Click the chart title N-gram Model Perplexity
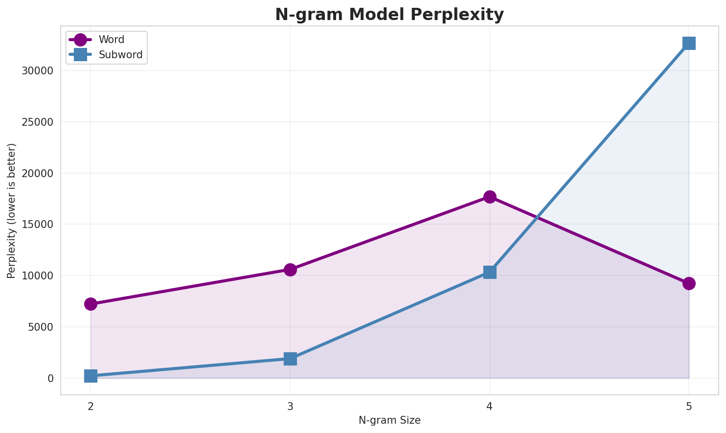tap(389, 15)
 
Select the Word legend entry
tap(111, 40)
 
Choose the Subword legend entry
tap(120, 55)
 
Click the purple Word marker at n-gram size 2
tap(91, 304)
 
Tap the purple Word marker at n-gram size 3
tap(290, 270)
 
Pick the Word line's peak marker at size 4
tap(490, 197)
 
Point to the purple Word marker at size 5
tap(689, 283)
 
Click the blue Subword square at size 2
tap(91, 376)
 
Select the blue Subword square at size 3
tap(290, 359)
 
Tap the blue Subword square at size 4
tap(490, 272)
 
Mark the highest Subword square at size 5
tap(689, 43)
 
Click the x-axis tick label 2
tap(91, 406)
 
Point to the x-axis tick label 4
tap(490, 406)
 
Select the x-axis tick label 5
tap(689, 406)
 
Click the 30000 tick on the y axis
tap(37, 70)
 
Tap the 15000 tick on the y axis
tap(37, 225)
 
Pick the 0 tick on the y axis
tap(50, 378)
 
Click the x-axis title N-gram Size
tap(389, 420)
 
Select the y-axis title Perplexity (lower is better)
tap(12, 211)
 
